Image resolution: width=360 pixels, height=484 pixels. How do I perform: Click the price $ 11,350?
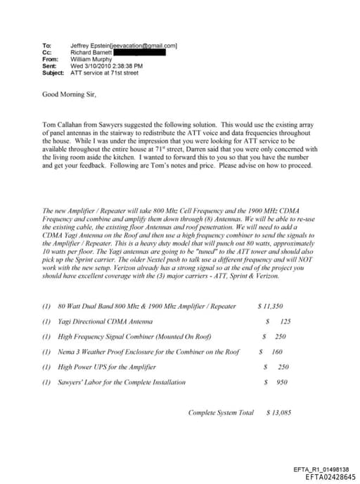click(x=271, y=306)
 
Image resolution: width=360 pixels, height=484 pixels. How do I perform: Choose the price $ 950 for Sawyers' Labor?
click(x=276, y=382)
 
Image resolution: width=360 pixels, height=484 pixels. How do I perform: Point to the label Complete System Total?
click(x=221, y=412)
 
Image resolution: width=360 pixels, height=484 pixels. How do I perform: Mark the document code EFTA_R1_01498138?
click(x=321, y=469)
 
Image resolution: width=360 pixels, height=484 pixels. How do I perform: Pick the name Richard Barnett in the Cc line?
click(x=90, y=52)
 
